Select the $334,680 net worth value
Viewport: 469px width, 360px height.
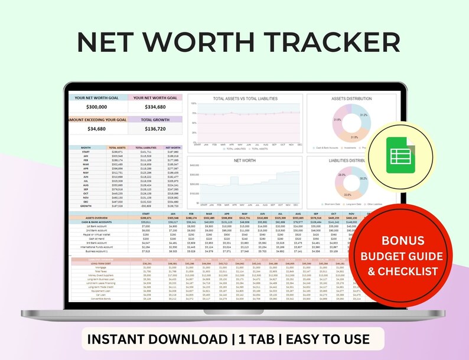click(x=155, y=107)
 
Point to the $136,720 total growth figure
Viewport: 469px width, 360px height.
click(x=155, y=129)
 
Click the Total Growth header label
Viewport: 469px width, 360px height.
click(x=155, y=119)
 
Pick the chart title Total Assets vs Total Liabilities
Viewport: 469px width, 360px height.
click(x=245, y=99)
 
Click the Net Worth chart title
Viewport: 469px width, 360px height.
click(x=245, y=160)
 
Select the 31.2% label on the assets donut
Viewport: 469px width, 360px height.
click(x=364, y=115)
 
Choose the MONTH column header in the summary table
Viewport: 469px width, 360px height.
click(x=86, y=148)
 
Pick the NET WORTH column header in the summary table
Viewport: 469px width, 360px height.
click(x=173, y=148)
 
